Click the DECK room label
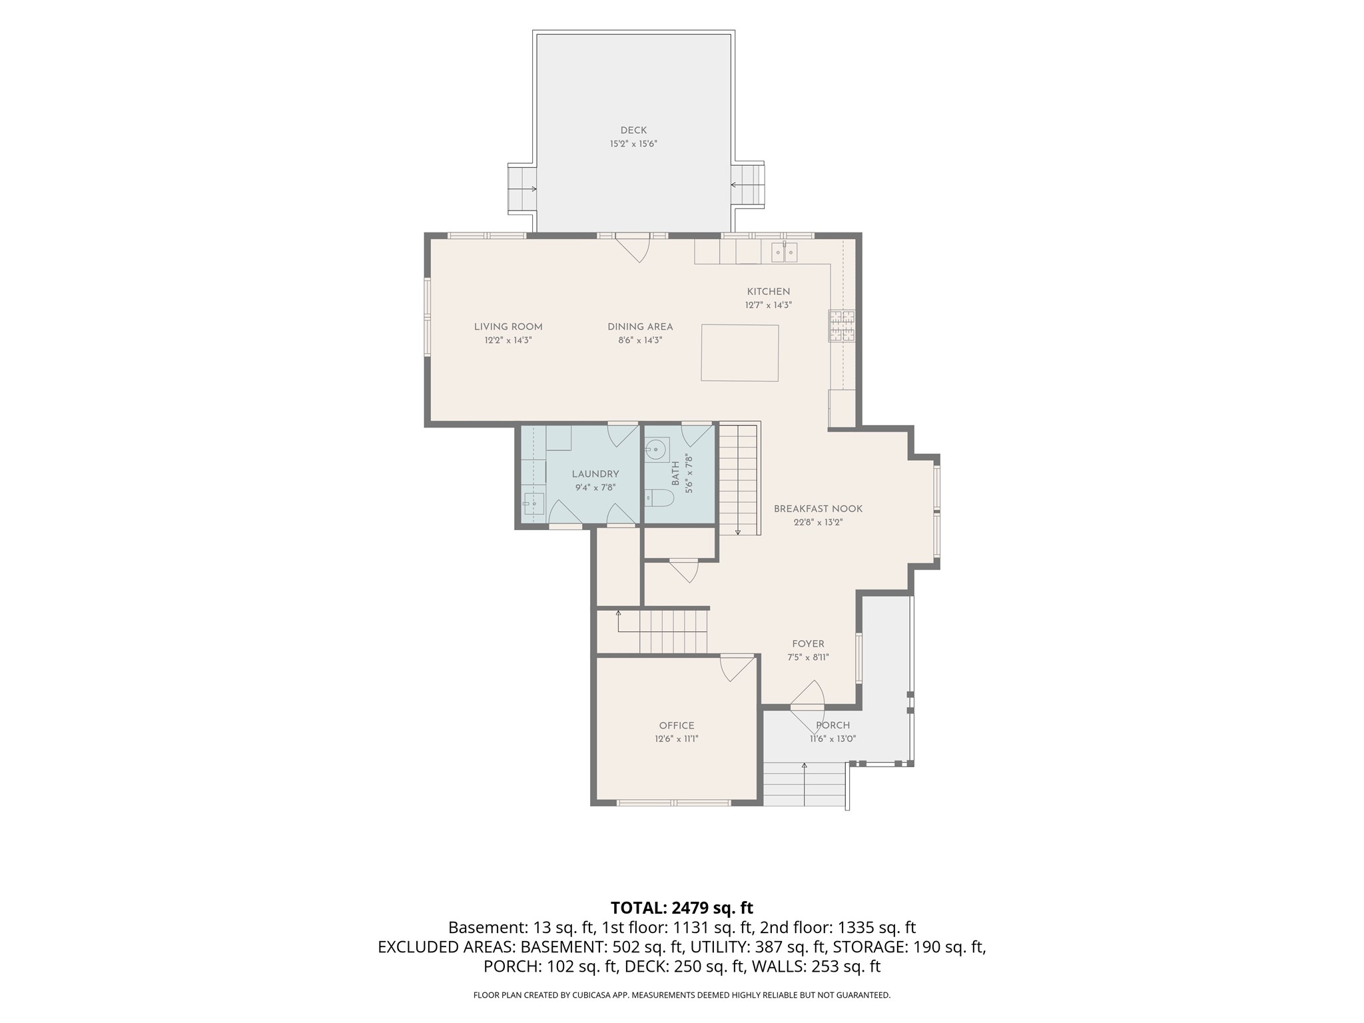coord(633,131)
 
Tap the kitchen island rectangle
coord(740,353)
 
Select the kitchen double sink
coord(785,253)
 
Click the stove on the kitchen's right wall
coord(842,326)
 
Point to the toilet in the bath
coord(659,498)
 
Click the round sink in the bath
coord(657,450)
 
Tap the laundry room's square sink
coord(533,504)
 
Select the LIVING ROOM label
coord(508,327)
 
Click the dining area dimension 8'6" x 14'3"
coord(640,340)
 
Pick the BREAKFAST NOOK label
coord(818,509)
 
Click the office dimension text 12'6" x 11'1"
coord(677,739)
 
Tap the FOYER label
coord(808,644)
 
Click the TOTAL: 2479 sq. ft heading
coord(682,908)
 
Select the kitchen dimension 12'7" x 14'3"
coord(769,306)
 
